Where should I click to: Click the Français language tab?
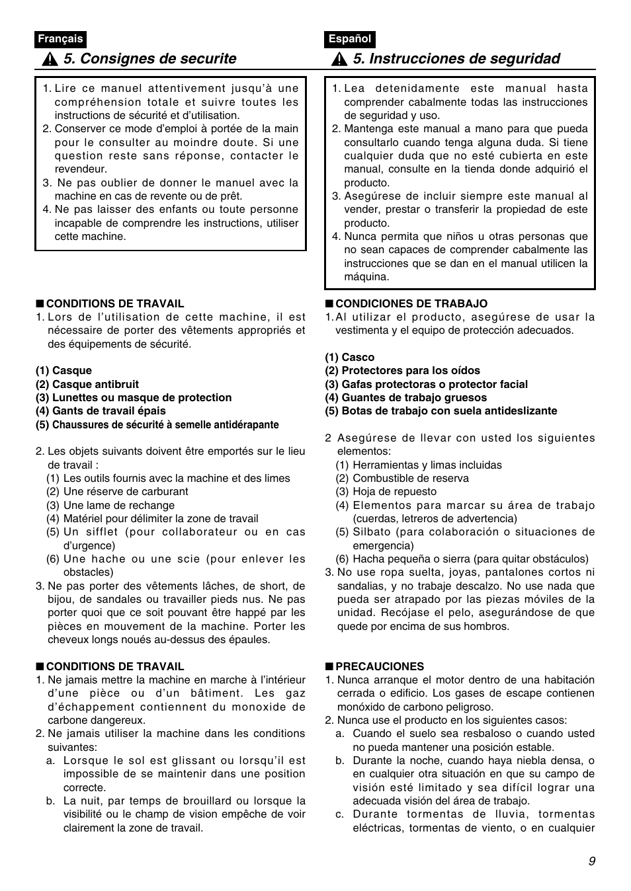(60, 39)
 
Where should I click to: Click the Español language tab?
(349, 39)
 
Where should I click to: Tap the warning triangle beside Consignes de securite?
(49, 59)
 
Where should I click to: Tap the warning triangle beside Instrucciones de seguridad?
(338, 59)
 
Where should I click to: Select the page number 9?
(591, 861)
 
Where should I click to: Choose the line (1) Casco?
(349, 357)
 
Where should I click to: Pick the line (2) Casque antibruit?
(87, 384)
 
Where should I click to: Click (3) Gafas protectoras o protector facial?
(426, 384)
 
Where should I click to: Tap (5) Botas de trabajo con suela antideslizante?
(441, 411)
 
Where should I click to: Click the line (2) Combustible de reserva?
(401, 478)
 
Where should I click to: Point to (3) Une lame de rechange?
(110, 505)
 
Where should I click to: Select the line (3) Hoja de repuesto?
(386, 492)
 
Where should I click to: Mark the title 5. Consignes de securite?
(150, 59)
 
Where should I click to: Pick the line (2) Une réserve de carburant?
(116, 492)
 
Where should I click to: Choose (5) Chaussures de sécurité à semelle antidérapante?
(157, 425)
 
